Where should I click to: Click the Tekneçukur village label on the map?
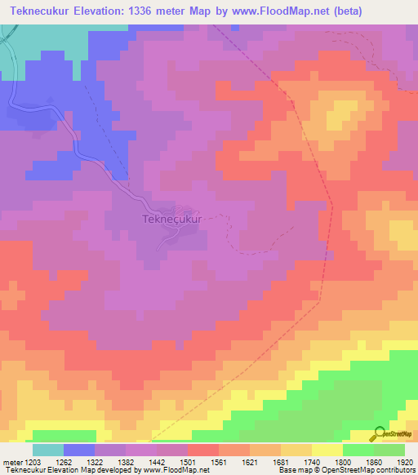171,220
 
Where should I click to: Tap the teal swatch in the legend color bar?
48,450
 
